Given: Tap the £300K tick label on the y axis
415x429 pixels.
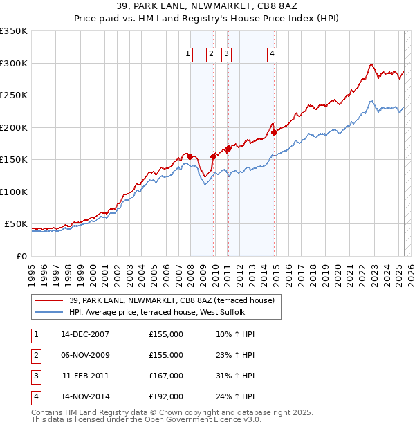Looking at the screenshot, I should point(14,63).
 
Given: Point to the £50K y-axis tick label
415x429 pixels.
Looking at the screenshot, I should point(16,224).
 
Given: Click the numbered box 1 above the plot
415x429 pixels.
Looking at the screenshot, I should point(188,54).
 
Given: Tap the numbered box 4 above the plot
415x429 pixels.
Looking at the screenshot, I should point(273,54).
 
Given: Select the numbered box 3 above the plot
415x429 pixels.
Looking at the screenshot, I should point(226,54).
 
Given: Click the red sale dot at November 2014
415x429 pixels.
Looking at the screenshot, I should point(275,132).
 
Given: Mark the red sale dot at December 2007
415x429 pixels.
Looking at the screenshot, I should point(190,156).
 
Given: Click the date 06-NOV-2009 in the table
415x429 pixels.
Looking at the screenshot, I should point(85,355).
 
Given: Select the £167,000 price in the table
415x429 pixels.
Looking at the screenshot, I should point(166,376).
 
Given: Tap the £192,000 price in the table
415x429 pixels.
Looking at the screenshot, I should point(166,396).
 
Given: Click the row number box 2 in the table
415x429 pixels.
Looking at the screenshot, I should point(35,355).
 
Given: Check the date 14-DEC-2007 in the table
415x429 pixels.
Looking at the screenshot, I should point(85,334).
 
